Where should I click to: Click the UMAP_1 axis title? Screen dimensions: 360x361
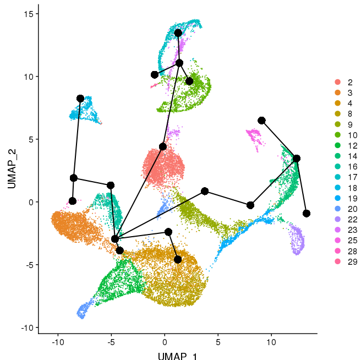(x=177, y=355)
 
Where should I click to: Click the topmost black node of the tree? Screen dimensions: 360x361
(x=178, y=33)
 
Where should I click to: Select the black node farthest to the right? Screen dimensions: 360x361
(x=307, y=213)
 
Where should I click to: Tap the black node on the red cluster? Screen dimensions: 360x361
(x=163, y=146)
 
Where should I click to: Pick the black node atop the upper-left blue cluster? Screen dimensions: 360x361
(x=80, y=99)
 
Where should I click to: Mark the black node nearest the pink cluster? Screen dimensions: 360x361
(x=261, y=121)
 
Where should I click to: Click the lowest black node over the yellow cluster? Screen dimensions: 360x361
(x=178, y=259)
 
